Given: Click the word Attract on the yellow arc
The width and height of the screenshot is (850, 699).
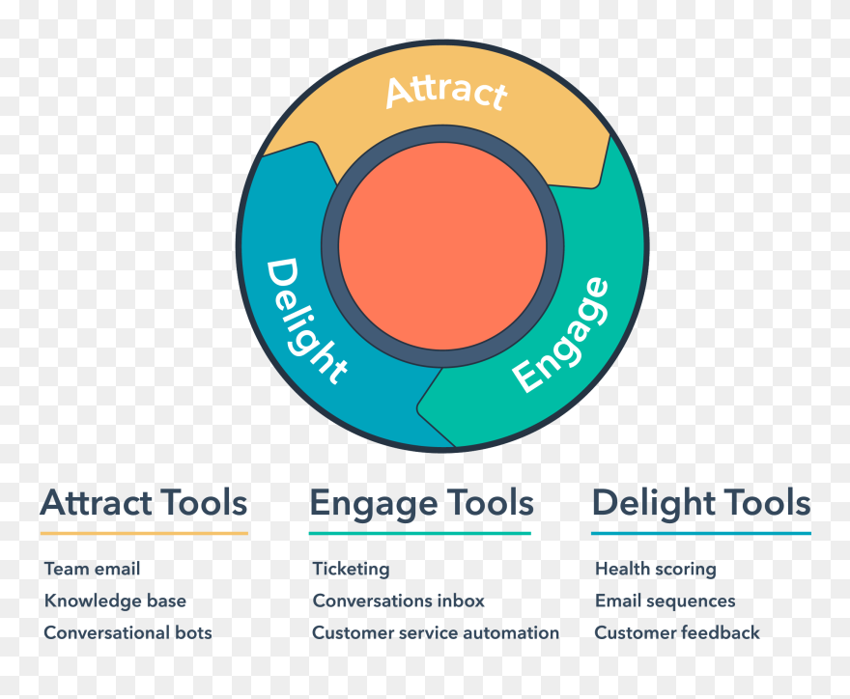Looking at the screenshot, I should click(x=445, y=92).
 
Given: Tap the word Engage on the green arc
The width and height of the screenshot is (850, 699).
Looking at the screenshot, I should click(x=561, y=335).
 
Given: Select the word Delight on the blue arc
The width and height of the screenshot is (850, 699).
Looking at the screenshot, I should click(x=304, y=320).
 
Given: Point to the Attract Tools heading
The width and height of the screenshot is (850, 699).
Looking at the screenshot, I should click(x=144, y=503).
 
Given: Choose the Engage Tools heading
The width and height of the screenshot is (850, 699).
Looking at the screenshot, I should click(x=421, y=503).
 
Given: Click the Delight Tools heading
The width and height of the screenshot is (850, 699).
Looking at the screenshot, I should click(x=701, y=503).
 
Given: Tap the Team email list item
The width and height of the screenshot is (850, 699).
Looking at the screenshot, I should click(x=92, y=569).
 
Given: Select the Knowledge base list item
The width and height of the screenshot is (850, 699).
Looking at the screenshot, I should click(x=115, y=601).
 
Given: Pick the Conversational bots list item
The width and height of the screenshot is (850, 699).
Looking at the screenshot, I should click(x=127, y=632).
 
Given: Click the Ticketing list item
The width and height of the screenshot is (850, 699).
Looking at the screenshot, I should click(x=351, y=569).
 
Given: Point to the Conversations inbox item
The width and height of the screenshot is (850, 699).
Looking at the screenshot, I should click(x=398, y=601).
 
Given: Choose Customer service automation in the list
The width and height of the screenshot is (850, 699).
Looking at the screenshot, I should click(x=436, y=632).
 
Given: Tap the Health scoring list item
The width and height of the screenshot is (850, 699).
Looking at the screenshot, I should click(x=656, y=569).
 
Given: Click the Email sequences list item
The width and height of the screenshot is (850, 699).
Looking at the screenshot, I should click(x=665, y=601).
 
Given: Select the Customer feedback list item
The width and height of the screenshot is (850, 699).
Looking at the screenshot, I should click(x=677, y=632).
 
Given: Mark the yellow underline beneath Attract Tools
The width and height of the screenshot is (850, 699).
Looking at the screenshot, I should click(x=144, y=533).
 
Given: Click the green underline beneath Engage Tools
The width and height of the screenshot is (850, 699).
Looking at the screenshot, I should click(x=420, y=533).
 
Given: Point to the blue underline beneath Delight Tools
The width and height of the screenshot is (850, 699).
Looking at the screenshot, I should click(x=701, y=533).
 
